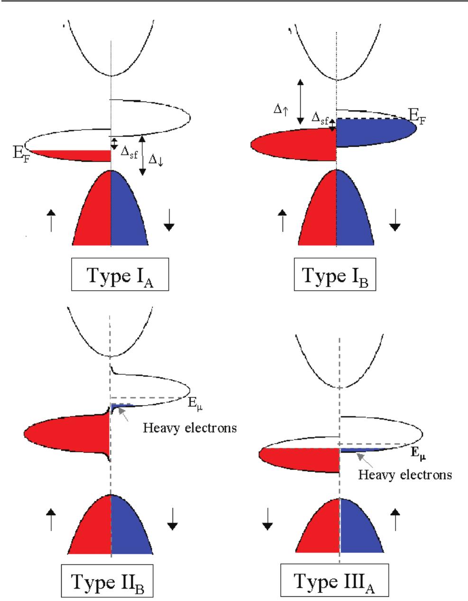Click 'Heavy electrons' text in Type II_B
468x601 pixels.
[x=190, y=428]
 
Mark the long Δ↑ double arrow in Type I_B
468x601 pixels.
[x=300, y=102]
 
